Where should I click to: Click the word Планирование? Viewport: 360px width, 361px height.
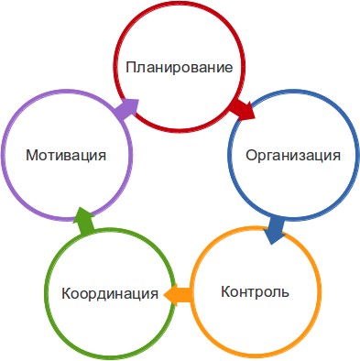180,68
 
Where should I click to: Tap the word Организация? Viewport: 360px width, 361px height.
293,156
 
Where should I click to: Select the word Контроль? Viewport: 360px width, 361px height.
255,291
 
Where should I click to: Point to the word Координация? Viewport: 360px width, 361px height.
110,294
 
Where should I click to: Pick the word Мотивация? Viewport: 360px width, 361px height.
66,155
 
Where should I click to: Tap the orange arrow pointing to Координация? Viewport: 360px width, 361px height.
179,295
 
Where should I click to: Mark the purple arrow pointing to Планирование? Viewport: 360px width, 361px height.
125,108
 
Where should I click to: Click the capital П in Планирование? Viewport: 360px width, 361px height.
131,67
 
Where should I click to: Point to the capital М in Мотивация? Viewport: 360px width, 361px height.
32,155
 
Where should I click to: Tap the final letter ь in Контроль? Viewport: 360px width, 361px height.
285,293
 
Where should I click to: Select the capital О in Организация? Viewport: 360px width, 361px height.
251,156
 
